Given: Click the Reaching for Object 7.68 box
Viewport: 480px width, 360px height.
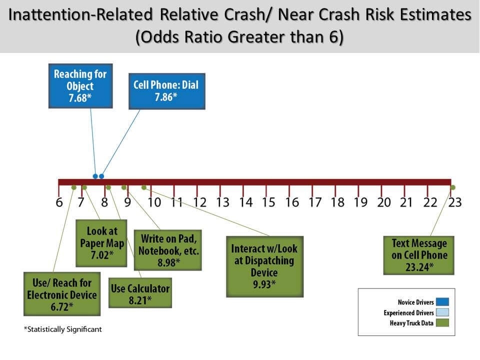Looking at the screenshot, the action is click(x=80, y=86).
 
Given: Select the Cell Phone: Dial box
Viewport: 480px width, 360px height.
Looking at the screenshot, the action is click(x=167, y=91).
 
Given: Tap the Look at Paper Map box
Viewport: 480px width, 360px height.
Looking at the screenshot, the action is click(x=101, y=243).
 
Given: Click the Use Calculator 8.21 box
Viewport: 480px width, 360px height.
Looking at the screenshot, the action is click(x=140, y=293).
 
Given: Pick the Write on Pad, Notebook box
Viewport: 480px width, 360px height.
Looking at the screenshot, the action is click(x=168, y=250).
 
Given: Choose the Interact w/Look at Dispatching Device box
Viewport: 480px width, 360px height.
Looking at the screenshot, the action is click(x=265, y=266).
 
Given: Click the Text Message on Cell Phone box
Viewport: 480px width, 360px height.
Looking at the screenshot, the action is click(x=419, y=255).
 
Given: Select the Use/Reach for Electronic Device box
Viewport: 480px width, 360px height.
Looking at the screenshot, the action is click(x=62, y=294).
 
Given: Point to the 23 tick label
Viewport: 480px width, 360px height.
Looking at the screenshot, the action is click(x=455, y=202).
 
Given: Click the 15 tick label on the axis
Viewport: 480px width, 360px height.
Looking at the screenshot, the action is click(x=268, y=202).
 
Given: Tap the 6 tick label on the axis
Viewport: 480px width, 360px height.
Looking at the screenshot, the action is click(x=59, y=202).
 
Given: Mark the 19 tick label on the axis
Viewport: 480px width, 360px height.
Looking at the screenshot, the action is click(x=360, y=202).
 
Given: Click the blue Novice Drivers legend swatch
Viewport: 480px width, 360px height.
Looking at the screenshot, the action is click(x=442, y=302).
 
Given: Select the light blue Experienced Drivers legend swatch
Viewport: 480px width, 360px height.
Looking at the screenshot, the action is click(x=442, y=312).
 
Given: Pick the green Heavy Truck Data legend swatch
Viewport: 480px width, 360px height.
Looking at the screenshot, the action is click(x=442, y=322).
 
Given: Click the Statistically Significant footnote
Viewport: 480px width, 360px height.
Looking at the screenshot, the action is click(x=63, y=329).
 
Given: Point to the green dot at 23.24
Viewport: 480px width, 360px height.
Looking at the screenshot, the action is click(x=453, y=187).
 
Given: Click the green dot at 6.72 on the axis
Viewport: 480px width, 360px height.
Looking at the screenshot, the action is click(x=74, y=187).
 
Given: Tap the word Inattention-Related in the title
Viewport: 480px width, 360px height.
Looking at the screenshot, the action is click(x=80, y=14).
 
